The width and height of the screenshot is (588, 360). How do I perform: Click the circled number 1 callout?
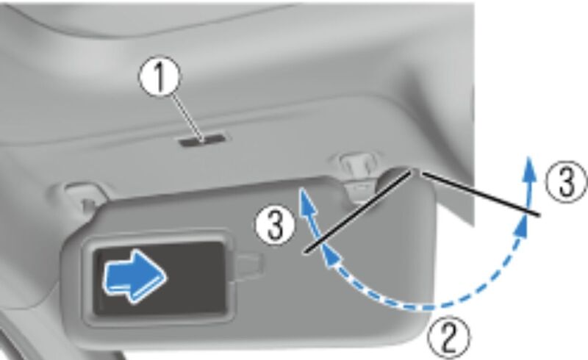coord(159,77)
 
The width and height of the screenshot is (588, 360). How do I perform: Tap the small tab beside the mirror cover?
coord(248,266)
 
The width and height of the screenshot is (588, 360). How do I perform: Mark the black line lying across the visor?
coord(359,212)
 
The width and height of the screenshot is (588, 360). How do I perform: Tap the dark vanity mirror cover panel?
coord(160,278)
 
